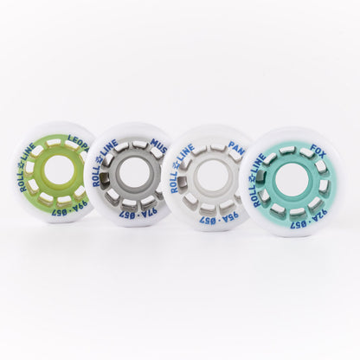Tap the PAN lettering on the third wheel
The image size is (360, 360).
point(236,153)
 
